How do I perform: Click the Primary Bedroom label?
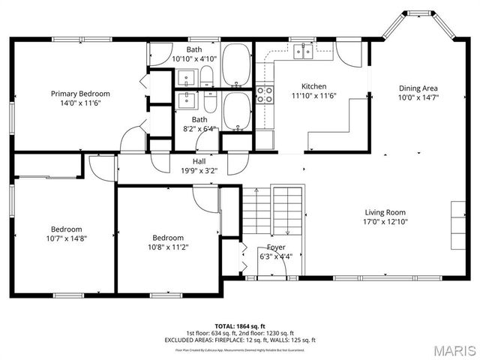tap(80, 94)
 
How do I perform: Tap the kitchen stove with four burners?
tap(265, 94)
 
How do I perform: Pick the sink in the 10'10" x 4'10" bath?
tap(187, 76)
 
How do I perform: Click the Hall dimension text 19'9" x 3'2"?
tap(199, 170)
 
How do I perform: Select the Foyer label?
tap(276, 247)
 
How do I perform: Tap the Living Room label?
tap(385, 212)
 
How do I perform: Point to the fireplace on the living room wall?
tap(457, 224)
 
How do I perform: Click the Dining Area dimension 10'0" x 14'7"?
tap(418, 97)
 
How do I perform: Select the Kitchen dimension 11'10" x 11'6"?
tap(313, 95)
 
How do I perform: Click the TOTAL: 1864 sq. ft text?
tap(240, 326)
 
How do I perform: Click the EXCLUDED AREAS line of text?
tap(240, 340)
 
